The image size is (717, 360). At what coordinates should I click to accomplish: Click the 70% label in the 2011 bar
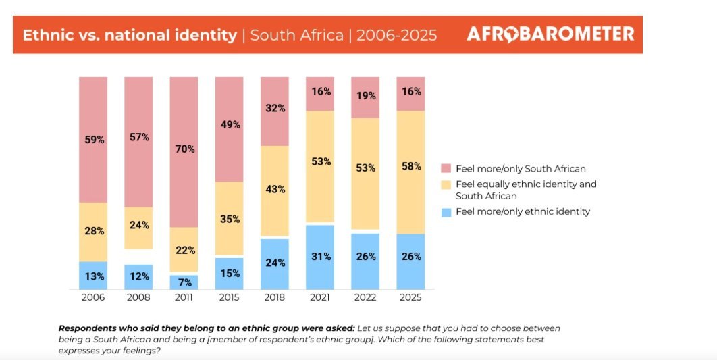pos(184,149)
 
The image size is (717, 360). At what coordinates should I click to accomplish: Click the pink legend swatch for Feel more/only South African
pos(446,169)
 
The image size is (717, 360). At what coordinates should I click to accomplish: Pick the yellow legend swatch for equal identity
pos(446,184)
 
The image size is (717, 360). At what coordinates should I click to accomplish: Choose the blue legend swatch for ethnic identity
pos(446,211)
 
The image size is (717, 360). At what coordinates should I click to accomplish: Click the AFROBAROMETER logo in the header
pos(550,34)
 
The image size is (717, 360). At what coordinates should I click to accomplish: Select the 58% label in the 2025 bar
pos(410,166)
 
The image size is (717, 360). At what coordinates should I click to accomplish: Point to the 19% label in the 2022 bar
pos(365,95)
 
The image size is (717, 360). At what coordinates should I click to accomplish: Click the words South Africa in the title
pos(296,35)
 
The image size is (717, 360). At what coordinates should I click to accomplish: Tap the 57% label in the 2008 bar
pos(138,137)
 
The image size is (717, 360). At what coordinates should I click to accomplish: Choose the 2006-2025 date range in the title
pos(396,35)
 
